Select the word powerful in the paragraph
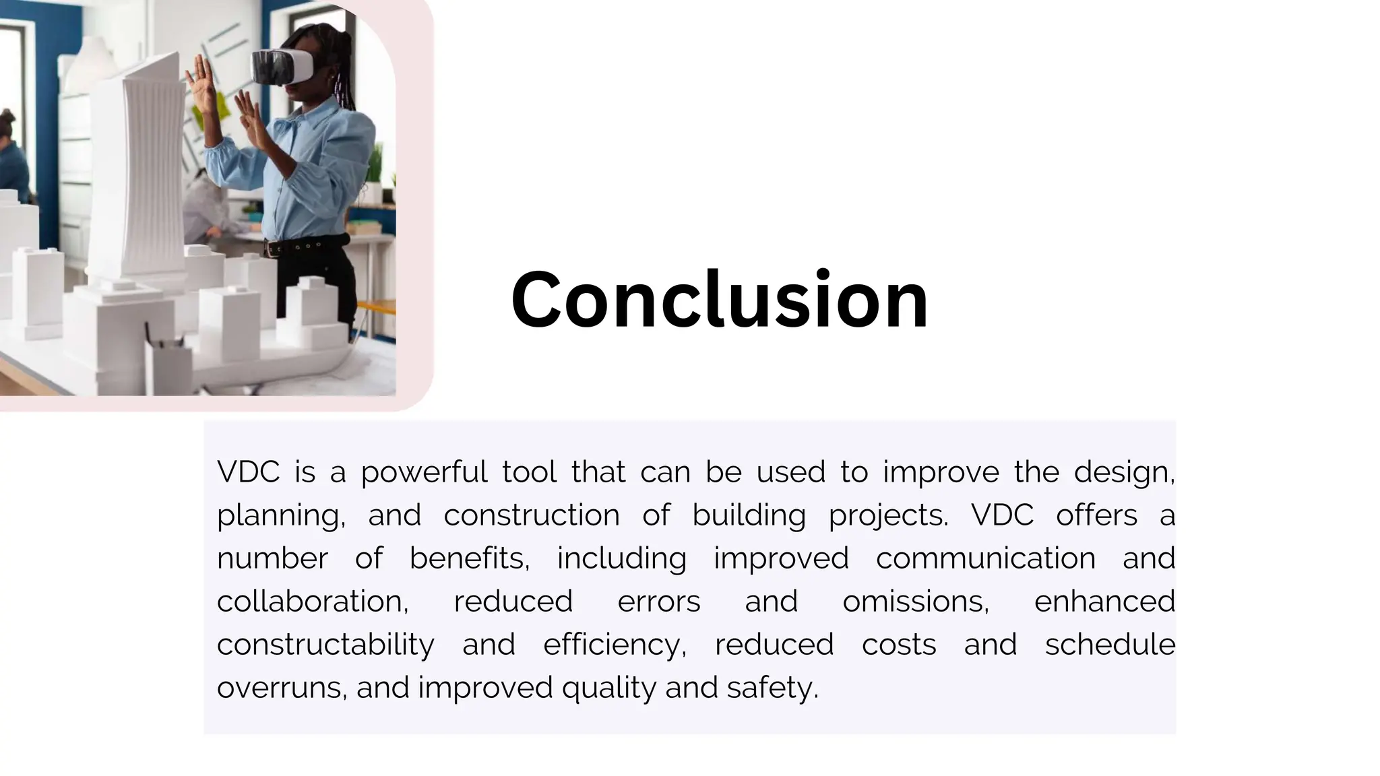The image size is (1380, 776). [424, 472]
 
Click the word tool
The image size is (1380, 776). [529, 472]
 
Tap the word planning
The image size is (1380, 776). [280, 515]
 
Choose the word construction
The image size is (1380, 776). [532, 515]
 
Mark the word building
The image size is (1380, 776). [749, 515]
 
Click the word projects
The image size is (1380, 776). [887, 515]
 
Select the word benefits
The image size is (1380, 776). [468, 558]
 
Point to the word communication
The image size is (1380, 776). [985, 558]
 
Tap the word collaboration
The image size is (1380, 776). [312, 602]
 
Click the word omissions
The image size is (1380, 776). [915, 602]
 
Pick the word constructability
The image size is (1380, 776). [325, 645]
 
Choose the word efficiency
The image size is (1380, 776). [614, 645]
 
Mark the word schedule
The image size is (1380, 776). [1110, 645]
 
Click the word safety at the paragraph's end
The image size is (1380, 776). [772, 688]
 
